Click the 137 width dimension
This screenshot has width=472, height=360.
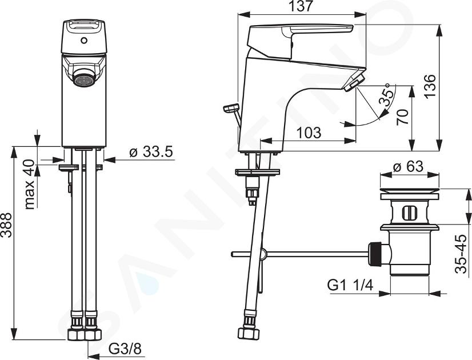301,7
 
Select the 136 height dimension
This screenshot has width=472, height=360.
430,86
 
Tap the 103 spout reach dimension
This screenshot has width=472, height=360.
309,133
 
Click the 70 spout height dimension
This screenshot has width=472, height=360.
402,117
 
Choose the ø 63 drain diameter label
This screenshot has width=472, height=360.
409,166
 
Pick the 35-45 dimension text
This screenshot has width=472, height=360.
462,254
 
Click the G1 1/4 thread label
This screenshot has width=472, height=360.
350,285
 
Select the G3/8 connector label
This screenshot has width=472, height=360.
125,349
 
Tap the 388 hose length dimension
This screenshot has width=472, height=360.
6,225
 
